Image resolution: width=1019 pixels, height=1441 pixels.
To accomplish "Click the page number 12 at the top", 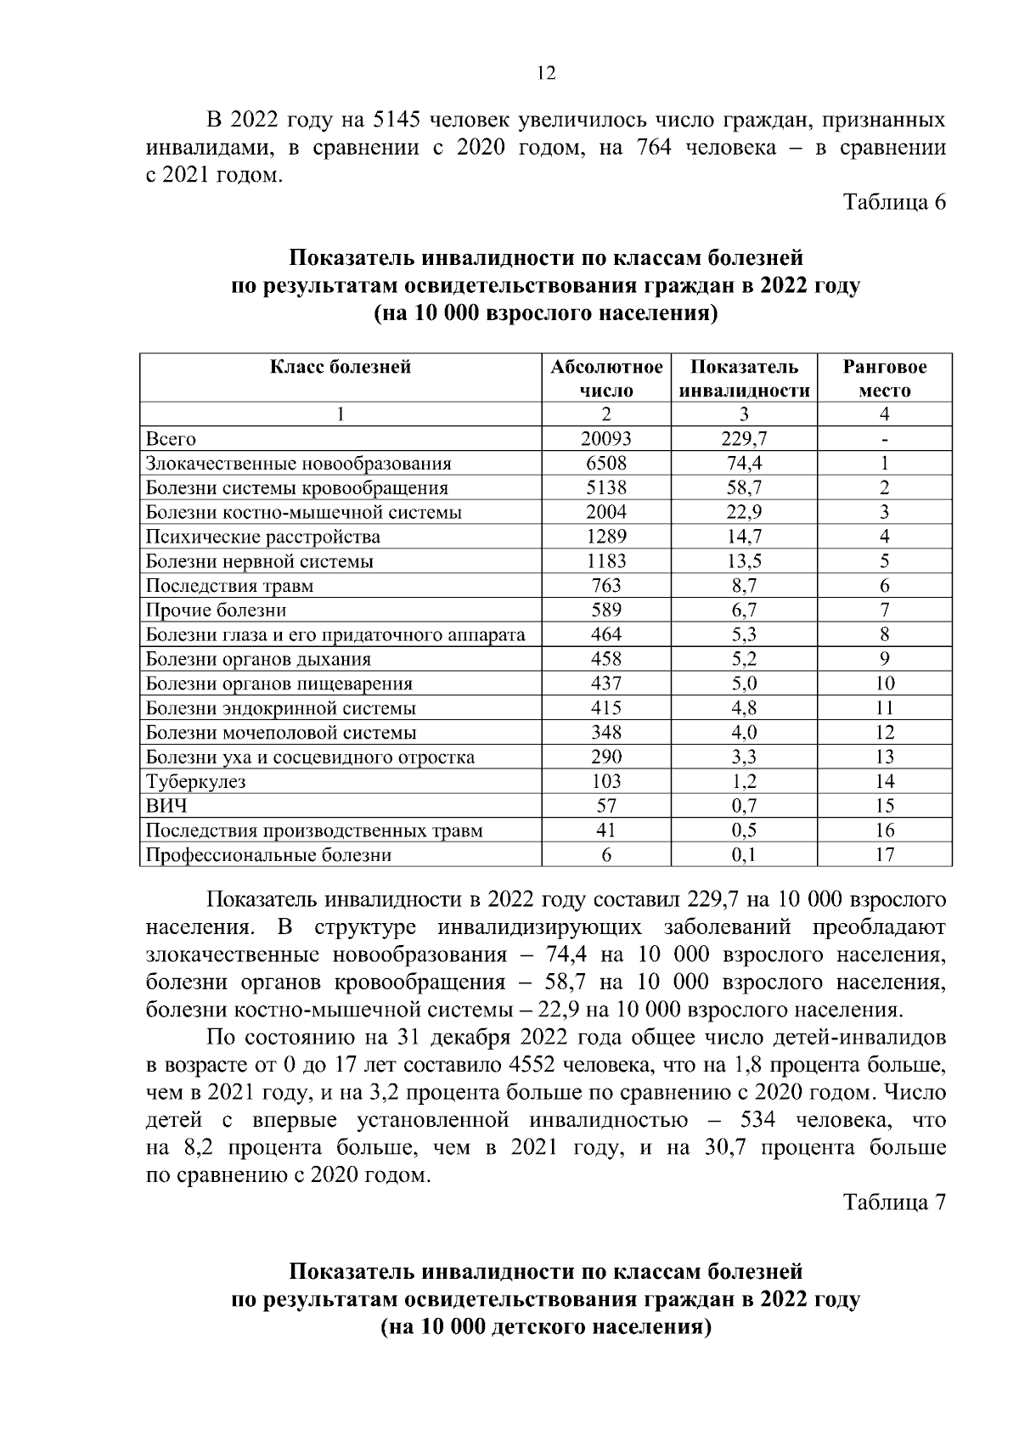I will pos(546,74).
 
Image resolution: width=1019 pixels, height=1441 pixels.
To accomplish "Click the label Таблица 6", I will pos(893,202).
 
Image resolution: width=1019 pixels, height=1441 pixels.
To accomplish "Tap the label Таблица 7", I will pos(893,1202).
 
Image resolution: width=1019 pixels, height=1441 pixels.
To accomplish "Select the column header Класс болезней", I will pos(341,367).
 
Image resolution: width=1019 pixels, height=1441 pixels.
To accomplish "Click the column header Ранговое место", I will pos(884,379).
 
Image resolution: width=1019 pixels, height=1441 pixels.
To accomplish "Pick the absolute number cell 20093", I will pos(605,439).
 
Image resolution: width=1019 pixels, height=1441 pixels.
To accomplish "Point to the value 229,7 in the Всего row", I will pos(743,439).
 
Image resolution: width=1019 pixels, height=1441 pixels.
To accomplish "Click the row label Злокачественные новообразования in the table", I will pos(298,464).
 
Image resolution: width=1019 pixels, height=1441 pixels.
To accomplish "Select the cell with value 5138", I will pos(605,488).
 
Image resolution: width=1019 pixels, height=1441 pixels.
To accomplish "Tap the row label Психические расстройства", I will pos(262,537).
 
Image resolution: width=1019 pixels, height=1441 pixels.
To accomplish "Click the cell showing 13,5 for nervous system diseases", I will pos(743,561).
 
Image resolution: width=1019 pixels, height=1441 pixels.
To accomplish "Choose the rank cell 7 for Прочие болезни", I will pos(884,611).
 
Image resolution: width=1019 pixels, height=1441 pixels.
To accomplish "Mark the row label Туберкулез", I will pos(195,782).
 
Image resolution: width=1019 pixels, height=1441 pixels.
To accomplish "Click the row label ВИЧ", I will pos(166,806).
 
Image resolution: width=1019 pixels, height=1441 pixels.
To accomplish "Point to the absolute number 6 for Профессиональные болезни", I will pos(606,855).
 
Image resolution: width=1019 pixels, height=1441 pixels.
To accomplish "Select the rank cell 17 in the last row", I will pos(884,855).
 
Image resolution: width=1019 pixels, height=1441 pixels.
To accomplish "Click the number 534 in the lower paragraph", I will pos(758,1120).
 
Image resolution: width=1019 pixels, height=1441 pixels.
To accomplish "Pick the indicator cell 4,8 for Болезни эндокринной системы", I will pos(743,708).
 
